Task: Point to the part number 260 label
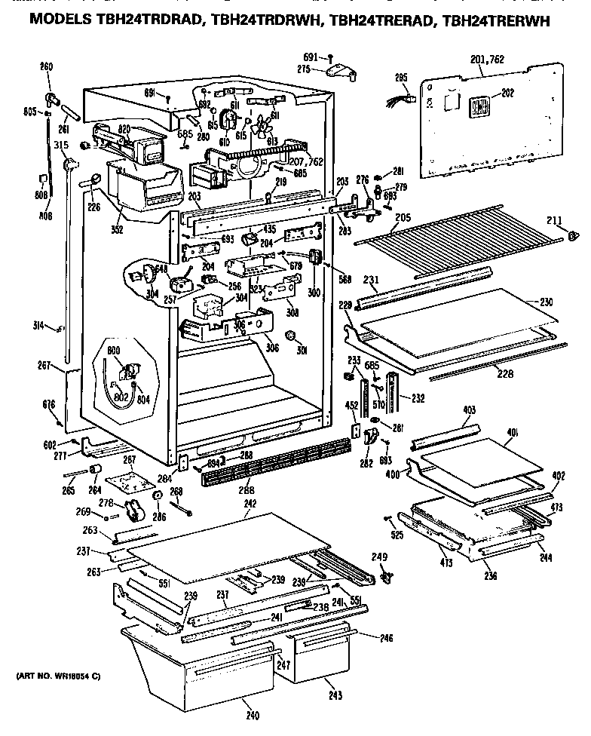pyautogui.click(x=47, y=66)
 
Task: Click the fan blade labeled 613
pyautogui.click(x=264, y=128)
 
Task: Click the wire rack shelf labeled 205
pyautogui.click(x=460, y=230)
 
